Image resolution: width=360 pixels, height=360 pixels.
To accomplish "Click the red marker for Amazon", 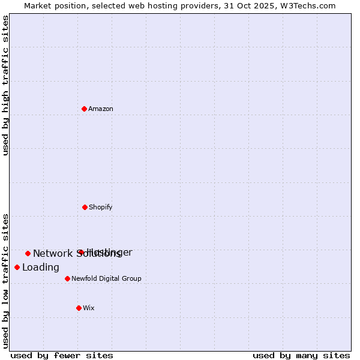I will [85, 109].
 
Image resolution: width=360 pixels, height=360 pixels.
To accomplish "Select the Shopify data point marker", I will [85, 207].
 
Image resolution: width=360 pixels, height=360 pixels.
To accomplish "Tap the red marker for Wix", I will [79, 308].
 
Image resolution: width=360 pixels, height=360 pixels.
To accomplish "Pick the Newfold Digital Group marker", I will [67, 278].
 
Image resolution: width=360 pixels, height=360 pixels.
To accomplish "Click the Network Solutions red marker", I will [28, 253].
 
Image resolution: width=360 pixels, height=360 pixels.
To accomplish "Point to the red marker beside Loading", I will [17, 267].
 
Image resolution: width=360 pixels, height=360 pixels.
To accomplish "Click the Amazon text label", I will [101, 109].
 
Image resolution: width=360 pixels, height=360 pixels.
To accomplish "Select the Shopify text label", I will [101, 207].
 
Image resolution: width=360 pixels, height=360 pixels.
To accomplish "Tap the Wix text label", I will [89, 308].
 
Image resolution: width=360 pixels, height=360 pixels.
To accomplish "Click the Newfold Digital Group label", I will [106, 278].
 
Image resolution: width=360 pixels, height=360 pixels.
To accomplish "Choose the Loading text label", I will [41, 268].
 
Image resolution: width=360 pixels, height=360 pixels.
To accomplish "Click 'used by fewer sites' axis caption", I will [62, 355].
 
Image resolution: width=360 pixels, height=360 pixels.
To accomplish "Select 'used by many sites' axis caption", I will [301, 355].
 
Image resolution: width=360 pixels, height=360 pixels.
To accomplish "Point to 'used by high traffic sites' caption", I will [5, 85].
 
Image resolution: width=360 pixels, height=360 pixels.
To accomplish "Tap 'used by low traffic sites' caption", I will [5, 280].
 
